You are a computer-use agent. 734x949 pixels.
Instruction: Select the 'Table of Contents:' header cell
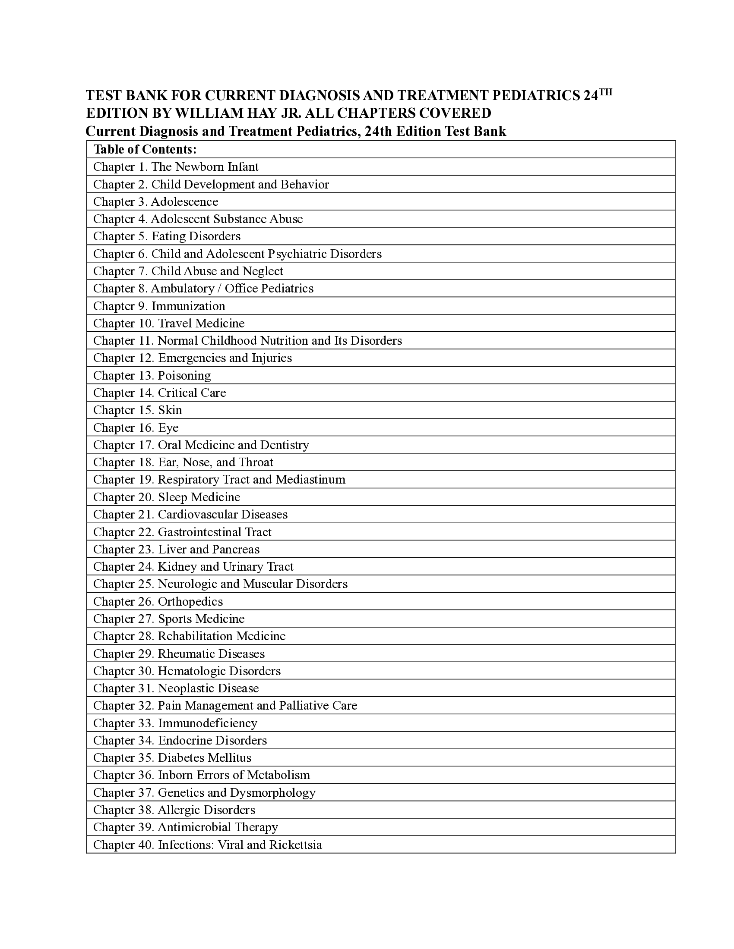coord(145,150)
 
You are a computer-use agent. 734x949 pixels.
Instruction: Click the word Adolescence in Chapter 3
coord(184,201)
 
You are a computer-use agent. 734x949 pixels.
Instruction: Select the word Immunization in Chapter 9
coord(188,306)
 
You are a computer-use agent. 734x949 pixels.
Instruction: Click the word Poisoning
coord(184,375)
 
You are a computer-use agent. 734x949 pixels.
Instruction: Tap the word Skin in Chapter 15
coord(170,410)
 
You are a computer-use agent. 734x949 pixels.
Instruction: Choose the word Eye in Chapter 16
coord(168,427)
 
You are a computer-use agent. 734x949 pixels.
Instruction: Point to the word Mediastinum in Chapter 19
coord(310,480)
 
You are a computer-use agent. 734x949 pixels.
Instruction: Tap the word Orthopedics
coord(190,601)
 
